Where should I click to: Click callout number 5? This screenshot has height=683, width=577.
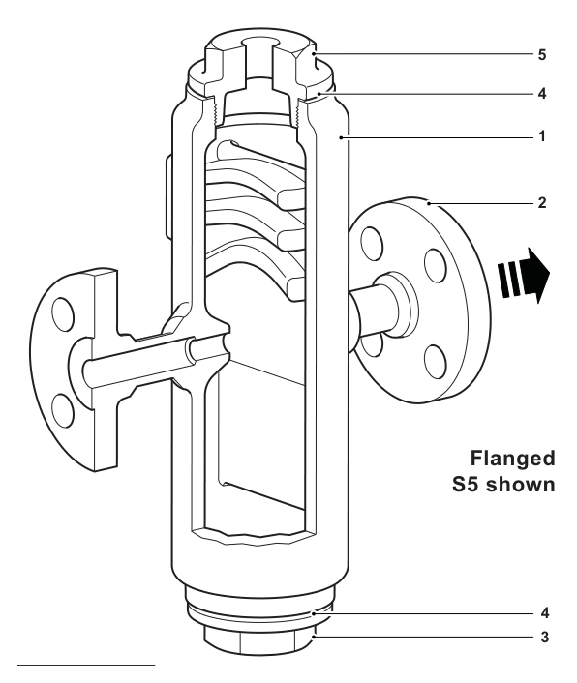pos(542,55)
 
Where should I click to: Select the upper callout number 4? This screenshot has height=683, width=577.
pos(542,94)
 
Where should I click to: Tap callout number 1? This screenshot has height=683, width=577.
pos(542,136)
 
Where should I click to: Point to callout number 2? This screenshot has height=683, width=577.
pos(542,203)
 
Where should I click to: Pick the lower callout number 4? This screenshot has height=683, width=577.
pos(545,613)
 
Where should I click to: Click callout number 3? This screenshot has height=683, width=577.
pos(545,638)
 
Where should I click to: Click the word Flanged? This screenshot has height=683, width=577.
pos(512,460)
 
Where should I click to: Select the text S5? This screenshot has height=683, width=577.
pos(466,485)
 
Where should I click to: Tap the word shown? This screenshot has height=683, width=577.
pos(520,485)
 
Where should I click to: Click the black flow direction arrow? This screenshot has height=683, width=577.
pos(525,276)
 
